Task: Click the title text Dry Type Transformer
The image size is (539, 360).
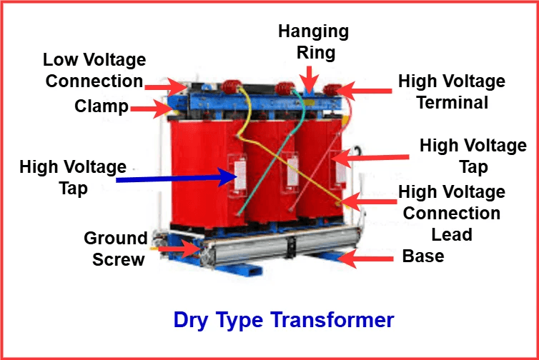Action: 283,319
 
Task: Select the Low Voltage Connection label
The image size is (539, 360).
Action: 94,70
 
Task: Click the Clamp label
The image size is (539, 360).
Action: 102,107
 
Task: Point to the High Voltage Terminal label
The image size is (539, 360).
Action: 451,91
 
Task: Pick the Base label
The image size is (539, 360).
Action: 423,256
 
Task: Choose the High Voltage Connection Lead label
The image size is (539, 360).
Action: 451,213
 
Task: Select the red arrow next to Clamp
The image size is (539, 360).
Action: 151,108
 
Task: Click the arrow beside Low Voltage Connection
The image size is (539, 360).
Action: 166,86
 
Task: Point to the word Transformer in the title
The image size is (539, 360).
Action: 332,319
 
